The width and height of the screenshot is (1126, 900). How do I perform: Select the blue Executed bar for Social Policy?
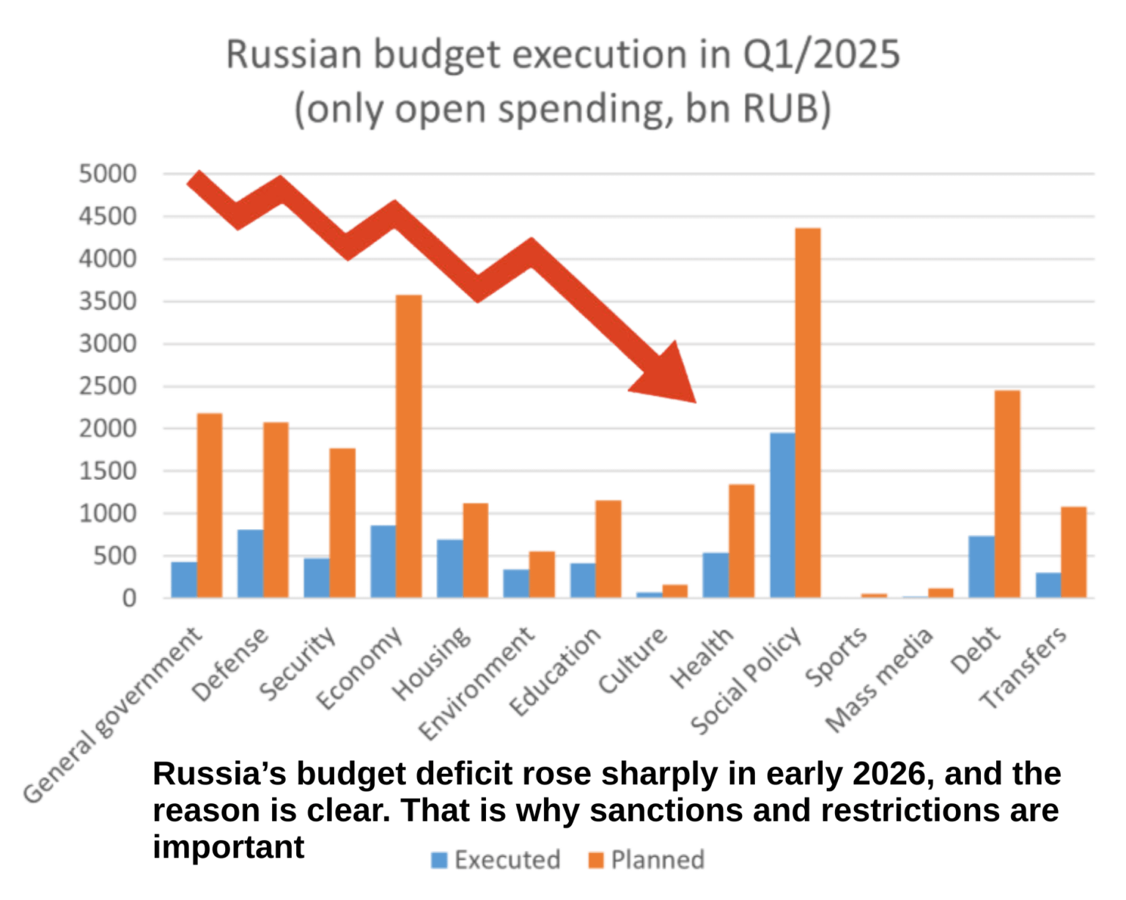tap(782, 515)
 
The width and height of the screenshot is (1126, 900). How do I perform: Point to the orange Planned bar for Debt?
tap(1007, 494)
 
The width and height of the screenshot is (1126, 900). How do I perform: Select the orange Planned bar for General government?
tap(210, 505)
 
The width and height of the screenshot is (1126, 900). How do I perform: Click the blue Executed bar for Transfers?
tap(1048, 585)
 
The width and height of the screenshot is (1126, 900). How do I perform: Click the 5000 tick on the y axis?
tap(108, 174)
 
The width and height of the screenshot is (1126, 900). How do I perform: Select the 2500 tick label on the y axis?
tap(108, 386)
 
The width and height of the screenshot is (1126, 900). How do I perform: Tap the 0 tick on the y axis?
tap(129, 599)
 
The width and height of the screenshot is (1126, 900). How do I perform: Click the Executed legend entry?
tap(496, 860)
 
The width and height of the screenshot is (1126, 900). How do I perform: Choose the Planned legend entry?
tap(647, 860)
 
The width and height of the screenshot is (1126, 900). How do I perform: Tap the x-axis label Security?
tap(298, 663)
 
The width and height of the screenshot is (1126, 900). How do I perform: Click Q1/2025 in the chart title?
tap(821, 55)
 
